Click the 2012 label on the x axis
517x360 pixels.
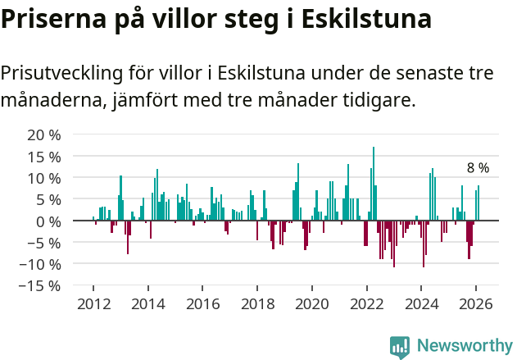(x=93, y=303)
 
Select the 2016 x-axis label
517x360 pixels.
(x=202, y=303)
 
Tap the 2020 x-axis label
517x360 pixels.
(x=311, y=303)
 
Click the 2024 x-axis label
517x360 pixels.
(x=420, y=303)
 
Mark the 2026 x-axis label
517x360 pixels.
(x=475, y=303)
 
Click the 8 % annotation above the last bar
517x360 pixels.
(x=478, y=168)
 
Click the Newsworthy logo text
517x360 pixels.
(x=464, y=345)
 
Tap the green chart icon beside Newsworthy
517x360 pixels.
(x=400, y=346)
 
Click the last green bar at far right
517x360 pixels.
(x=478, y=203)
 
